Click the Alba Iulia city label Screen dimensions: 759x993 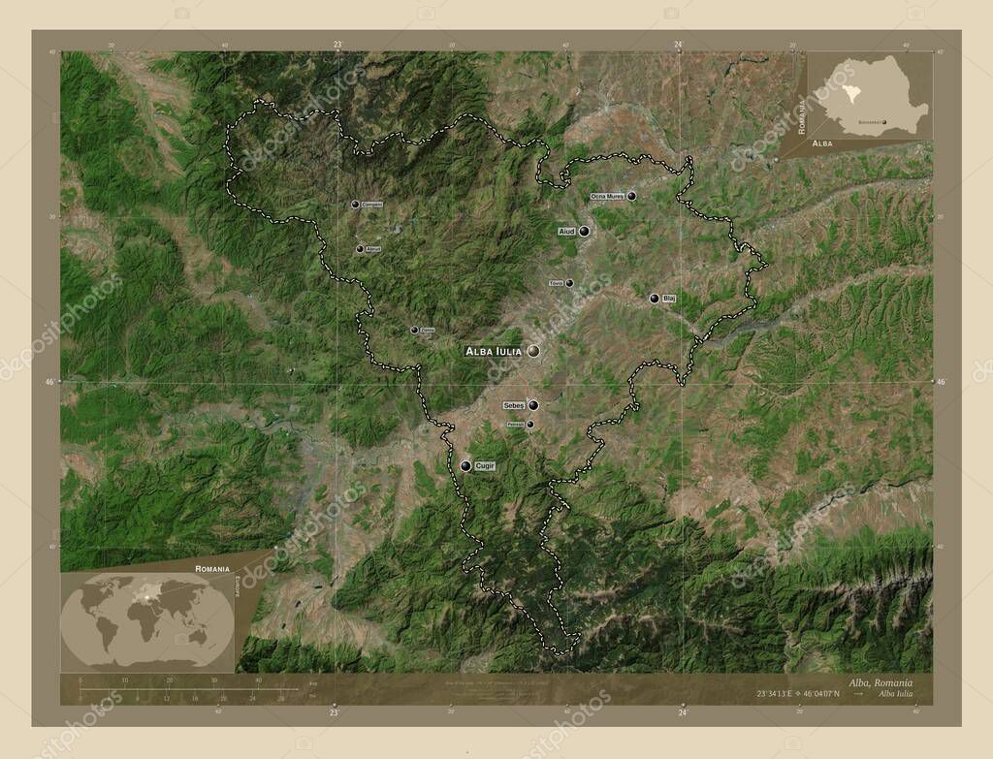[x=494, y=351]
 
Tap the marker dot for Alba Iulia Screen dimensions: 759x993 [x=533, y=351]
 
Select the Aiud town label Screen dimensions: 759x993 [x=567, y=232]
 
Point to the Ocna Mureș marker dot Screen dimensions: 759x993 [x=632, y=196]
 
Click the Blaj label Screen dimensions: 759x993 [x=669, y=299]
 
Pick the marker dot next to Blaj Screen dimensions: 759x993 [x=655, y=299]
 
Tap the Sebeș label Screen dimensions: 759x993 [x=514, y=405]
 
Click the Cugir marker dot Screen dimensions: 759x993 [x=465, y=466]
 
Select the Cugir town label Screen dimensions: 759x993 [x=485, y=466]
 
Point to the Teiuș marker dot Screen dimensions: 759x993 [x=569, y=283]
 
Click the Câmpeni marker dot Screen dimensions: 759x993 [x=356, y=204]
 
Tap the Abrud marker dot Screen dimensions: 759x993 [x=360, y=249]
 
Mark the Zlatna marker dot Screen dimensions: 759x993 [x=414, y=331]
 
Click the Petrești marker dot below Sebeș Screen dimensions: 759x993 [x=529, y=424]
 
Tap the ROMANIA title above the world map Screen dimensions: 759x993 [x=211, y=568]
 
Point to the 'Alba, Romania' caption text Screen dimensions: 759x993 [x=880, y=683]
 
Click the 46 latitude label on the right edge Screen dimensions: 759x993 [x=940, y=383]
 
